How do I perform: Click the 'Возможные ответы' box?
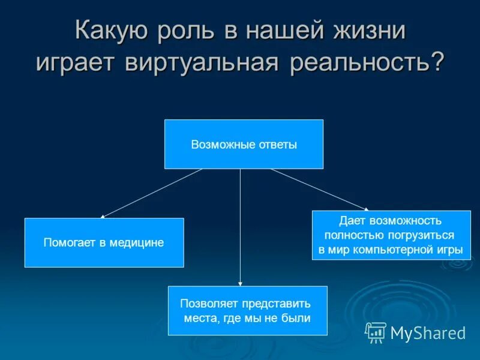[244, 144]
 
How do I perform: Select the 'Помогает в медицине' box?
[104, 242]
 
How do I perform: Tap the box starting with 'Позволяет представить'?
[247, 310]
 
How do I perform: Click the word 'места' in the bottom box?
[200, 318]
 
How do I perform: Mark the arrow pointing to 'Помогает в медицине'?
[151, 193]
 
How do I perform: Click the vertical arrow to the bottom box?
[241, 228]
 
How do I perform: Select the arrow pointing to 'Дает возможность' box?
[319, 190]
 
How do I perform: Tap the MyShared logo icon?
[376, 332]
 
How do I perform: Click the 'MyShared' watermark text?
[428, 333]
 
